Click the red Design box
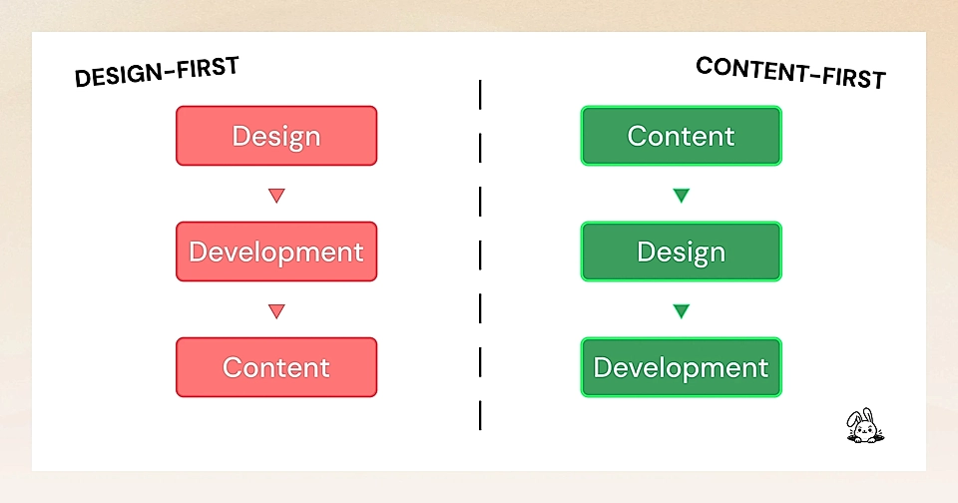tap(276, 136)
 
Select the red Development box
tap(276, 251)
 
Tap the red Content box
tap(276, 367)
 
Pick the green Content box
tap(682, 136)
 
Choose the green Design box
tap(682, 251)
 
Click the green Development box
tap(682, 367)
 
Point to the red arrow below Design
tap(276, 196)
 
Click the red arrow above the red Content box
tap(276, 311)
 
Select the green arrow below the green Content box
tap(682, 196)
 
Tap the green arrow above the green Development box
tap(682, 311)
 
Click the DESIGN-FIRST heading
tap(158, 73)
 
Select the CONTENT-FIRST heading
tap(790, 72)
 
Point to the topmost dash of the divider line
tap(480, 95)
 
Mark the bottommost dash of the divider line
tap(480, 414)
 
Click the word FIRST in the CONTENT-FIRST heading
tap(850, 76)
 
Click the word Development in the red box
tap(276, 251)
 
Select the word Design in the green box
tap(682, 251)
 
